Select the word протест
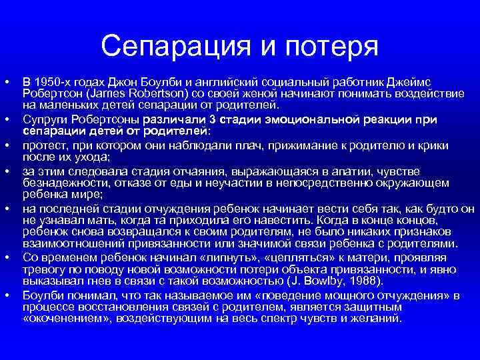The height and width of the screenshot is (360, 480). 44,145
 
